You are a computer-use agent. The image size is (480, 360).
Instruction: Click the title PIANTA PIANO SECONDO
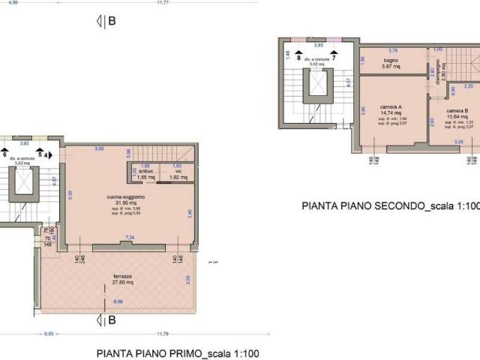click(x=390, y=205)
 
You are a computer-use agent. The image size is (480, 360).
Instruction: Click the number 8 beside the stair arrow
click(x=298, y=57)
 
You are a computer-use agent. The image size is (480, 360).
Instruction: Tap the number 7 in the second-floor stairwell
click(x=334, y=57)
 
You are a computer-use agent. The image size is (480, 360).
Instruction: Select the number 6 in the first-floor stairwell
click(x=4, y=154)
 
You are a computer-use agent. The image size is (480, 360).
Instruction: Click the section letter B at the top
click(x=111, y=21)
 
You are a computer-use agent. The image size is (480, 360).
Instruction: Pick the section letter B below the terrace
click(x=111, y=320)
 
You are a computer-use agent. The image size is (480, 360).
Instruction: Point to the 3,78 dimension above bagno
click(x=392, y=51)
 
